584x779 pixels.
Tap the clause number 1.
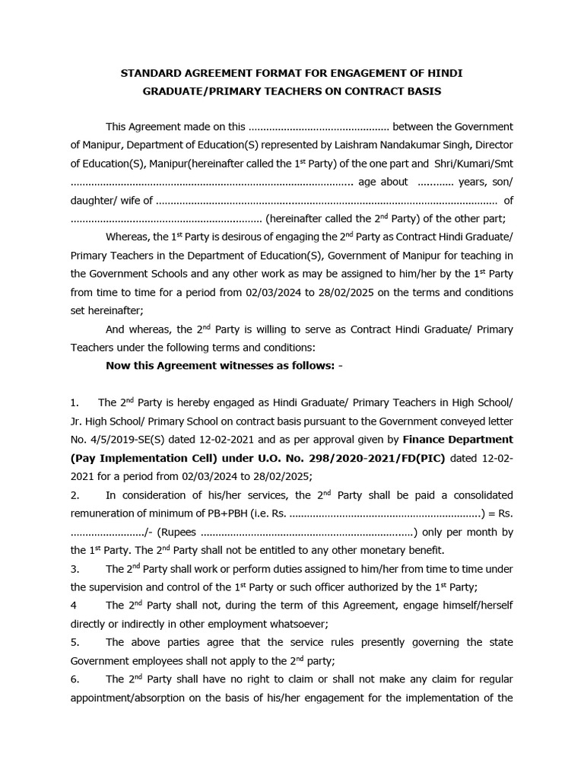coord(74,402)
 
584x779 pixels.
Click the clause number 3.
coord(74,569)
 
